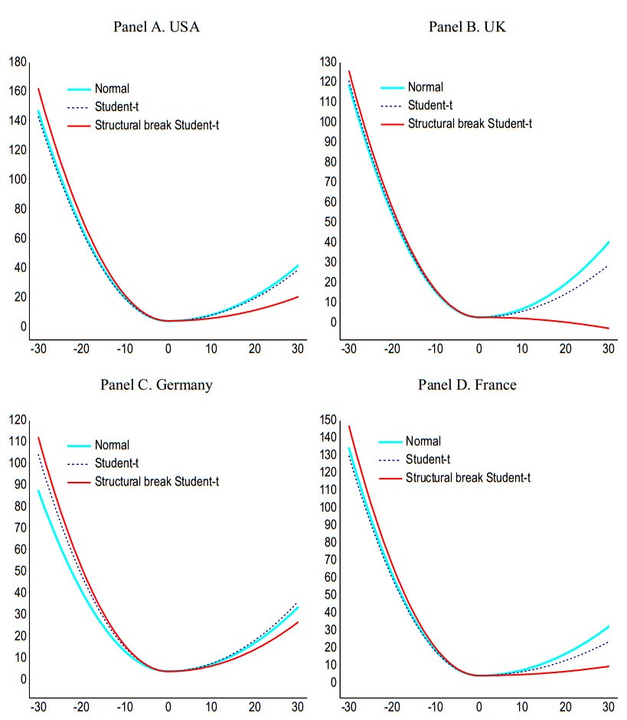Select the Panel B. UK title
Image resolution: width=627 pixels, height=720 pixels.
[x=467, y=27]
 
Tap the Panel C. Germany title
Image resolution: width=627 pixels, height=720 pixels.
[x=156, y=385]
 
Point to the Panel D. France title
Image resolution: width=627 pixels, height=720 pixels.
[x=467, y=385]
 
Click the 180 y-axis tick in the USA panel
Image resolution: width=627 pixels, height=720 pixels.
[x=18, y=62]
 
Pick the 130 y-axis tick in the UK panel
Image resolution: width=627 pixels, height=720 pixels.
[x=330, y=62]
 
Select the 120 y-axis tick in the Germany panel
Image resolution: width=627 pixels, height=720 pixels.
[x=18, y=420]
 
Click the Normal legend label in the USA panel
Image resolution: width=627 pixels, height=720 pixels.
[x=112, y=87]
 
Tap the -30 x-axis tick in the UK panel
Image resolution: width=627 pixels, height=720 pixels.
[x=348, y=349]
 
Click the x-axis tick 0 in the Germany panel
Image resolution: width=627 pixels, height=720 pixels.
[x=168, y=706]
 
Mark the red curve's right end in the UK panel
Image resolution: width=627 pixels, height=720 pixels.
[x=609, y=329]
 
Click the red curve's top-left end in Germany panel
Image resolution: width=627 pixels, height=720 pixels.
[x=38, y=437]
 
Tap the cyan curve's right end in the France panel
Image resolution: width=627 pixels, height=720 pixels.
[x=609, y=627]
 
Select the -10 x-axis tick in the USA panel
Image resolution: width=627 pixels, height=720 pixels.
[x=124, y=349]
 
